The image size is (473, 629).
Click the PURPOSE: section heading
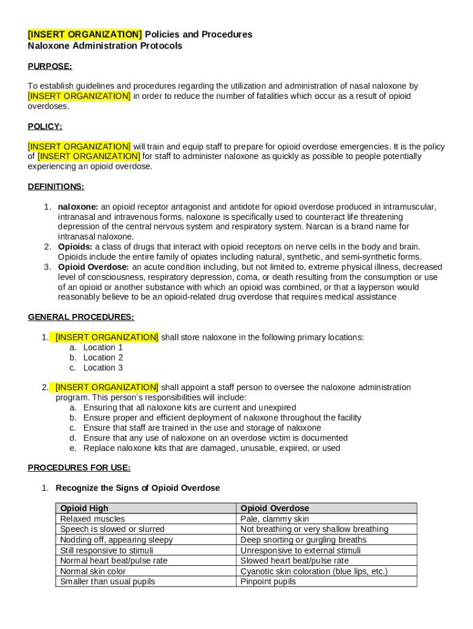click(50, 66)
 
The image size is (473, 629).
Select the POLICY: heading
click(45, 127)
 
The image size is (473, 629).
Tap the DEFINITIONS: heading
click(56, 187)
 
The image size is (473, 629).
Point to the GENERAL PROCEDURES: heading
click(81, 317)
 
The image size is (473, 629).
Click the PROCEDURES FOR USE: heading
click(79, 467)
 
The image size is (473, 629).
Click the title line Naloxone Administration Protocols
click(105, 46)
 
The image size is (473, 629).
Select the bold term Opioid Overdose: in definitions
click(93, 267)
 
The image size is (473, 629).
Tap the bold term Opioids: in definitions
click(76, 247)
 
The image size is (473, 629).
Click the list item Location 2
click(103, 357)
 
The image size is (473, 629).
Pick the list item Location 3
click(103, 367)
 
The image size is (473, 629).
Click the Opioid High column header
click(84, 508)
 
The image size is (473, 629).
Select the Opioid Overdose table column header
click(275, 508)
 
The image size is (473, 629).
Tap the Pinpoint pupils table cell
click(268, 581)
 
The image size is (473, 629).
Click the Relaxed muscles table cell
click(92, 518)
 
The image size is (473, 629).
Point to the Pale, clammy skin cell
click(275, 518)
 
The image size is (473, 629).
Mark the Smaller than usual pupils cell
click(107, 581)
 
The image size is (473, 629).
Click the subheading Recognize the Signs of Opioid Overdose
click(138, 488)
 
